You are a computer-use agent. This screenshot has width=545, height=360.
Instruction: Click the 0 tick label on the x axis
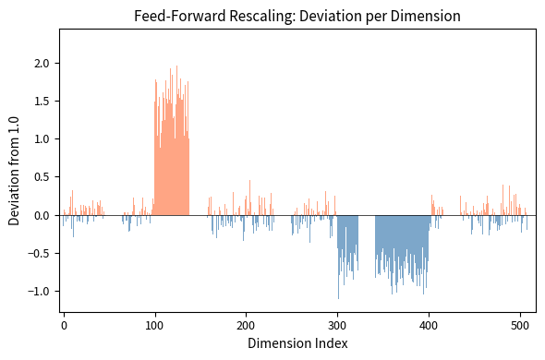tap(63, 324)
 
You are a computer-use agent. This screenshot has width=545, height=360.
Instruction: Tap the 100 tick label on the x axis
tap(154, 324)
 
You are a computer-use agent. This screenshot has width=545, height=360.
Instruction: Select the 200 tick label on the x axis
tap(246, 324)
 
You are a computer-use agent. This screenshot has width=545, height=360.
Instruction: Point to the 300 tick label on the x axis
tap(337, 324)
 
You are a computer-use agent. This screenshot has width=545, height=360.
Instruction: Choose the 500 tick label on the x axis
tap(520, 324)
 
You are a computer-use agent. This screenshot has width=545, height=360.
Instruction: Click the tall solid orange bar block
tap(171, 175)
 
